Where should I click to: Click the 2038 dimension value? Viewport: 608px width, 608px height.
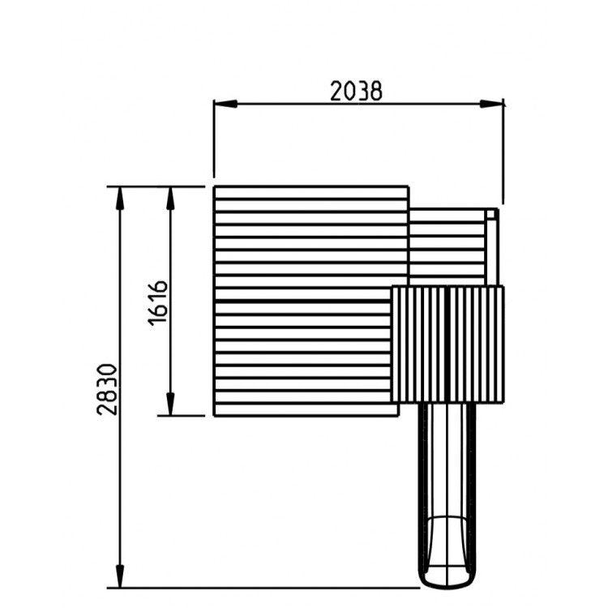tap(356, 91)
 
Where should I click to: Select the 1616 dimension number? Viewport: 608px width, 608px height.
tap(158, 303)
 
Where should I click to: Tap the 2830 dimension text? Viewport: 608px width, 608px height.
tap(107, 389)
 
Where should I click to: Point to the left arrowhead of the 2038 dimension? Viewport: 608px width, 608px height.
tap(225, 104)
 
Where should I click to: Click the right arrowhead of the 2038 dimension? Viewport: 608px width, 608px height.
tap(491, 104)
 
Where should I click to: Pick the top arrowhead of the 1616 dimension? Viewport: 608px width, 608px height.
tap(170, 199)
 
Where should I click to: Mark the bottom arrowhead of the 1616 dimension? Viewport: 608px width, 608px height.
tap(170, 404)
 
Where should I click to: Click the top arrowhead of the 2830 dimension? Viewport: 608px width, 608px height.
tap(120, 199)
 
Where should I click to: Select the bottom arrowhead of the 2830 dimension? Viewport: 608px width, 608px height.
tap(120, 576)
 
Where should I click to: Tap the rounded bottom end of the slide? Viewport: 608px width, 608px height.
tap(447, 584)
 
